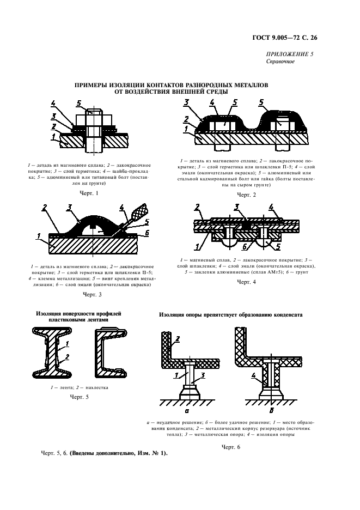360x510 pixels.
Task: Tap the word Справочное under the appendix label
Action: (x=280, y=62)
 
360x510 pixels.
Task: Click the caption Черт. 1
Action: (x=89, y=193)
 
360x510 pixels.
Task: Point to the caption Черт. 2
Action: (x=247, y=195)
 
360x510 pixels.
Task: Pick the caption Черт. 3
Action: (x=93, y=295)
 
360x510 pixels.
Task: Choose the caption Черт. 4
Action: (x=247, y=282)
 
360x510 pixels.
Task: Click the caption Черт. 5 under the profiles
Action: (x=80, y=397)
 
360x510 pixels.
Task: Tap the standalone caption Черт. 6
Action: (x=230, y=447)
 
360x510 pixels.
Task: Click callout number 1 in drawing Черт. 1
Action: (x=53, y=137)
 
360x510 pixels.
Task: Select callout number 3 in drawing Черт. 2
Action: (x=186, y=103)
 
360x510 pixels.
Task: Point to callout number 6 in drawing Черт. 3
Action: (x=147, y=232)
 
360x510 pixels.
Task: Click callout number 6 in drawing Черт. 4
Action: (x=245, y=246)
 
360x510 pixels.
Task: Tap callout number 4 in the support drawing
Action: (x=253, y=376)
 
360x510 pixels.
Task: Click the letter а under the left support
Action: (x=187, y=411)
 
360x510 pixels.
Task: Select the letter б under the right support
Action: (x=272, y=410)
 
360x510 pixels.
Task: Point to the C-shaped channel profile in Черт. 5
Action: (x=111, y=353)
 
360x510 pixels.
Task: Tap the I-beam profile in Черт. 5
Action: (x=52, y=353)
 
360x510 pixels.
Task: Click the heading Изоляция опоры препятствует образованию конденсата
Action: (x=230, y=315)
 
